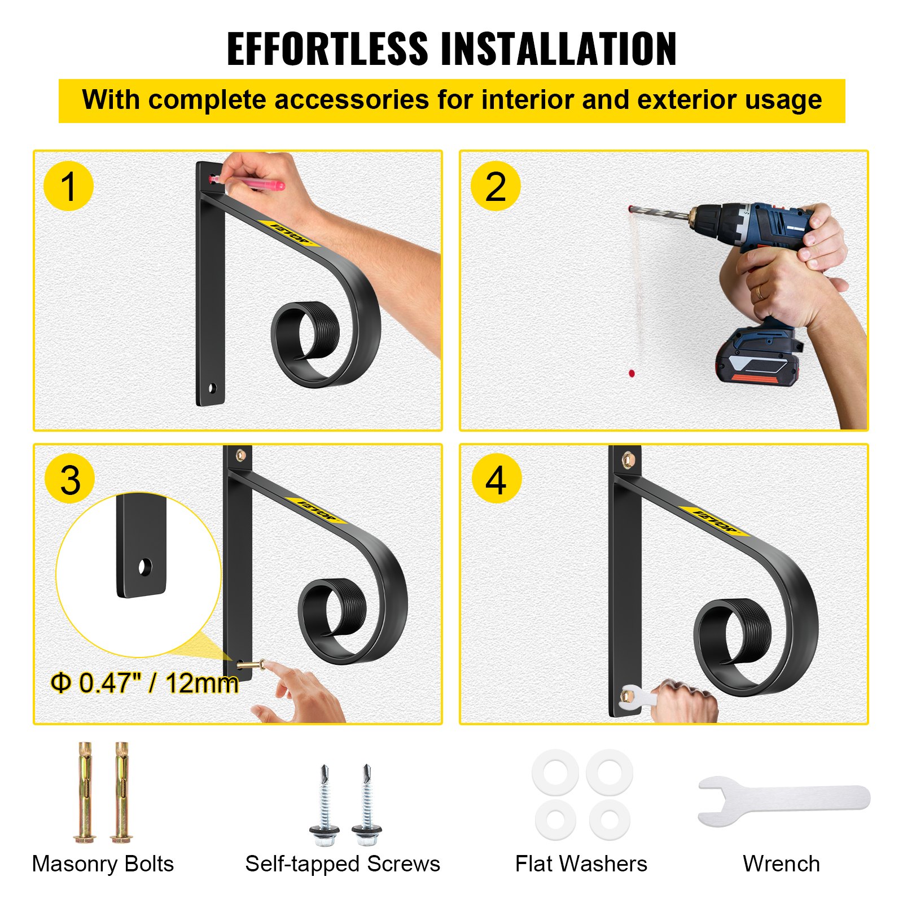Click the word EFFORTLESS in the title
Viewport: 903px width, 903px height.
click(x=327, y=49)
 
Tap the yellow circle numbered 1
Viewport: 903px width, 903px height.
click(x=68, y=186)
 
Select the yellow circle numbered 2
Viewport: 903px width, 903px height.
click(x=495, y=186)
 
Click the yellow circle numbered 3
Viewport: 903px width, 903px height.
click(x=70, y=480)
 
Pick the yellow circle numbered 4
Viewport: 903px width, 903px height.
click(x=496, y=480)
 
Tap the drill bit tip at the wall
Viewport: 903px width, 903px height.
click(x=631, y=209)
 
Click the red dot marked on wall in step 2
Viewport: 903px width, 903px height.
click(x=632, y=373)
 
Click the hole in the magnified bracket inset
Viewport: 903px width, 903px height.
click(x=145, y=567)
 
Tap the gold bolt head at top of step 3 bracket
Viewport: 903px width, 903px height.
click(x=241, y=454)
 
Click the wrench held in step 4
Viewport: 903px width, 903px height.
click(x=635, y=698)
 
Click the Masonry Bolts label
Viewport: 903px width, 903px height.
click(x=103, y=863)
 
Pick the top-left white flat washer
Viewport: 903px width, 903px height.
click(x=556, y=772)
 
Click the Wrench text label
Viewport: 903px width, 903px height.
click(x=781, y=863)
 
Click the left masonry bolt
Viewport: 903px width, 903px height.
click(x=85, y=793)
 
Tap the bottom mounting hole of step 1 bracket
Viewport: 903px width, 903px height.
click(x=213, y=388)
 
